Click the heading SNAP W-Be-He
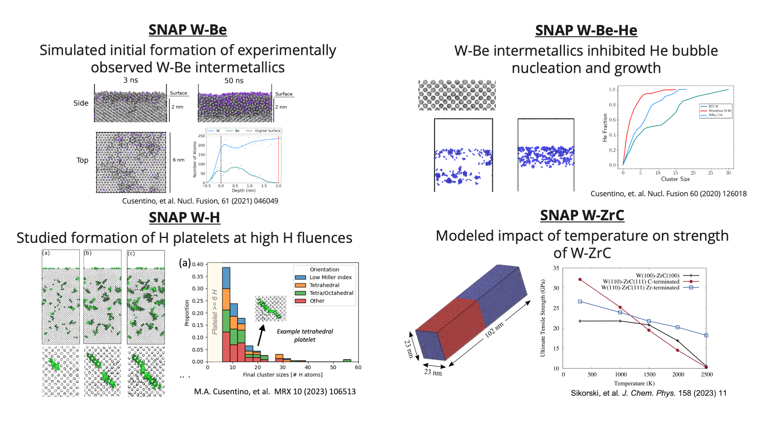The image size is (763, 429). click(x=586, y=31)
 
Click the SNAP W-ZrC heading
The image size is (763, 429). click(x=582, y=215)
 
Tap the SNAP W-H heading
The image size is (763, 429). click(x=184, y=218)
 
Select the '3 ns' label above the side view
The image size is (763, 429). click(x=131, y=80)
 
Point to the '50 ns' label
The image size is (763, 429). click(x=234, y=81)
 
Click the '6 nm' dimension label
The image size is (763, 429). click(x=179, y=160)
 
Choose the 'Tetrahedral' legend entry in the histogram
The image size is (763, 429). click(x=324, y=285)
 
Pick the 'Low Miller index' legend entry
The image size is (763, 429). click(x=330, y=277)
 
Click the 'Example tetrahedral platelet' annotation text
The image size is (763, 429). click(x=305, y=335)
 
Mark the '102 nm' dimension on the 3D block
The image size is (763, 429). click(x=494, y=330)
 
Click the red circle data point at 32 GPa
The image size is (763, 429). click(x=580, y=279)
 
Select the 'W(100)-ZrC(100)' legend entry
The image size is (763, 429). click(x=657, y=276)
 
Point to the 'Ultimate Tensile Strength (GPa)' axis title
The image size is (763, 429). click(x=543, y=318)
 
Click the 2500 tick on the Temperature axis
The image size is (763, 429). click(x=707, y=374)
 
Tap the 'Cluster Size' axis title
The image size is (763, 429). click(x=675, y=179)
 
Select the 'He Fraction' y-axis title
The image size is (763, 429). click(x=605, y=128)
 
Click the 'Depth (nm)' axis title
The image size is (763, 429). click(x=244, y=190)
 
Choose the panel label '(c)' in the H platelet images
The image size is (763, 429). click(x=131, y=253)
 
